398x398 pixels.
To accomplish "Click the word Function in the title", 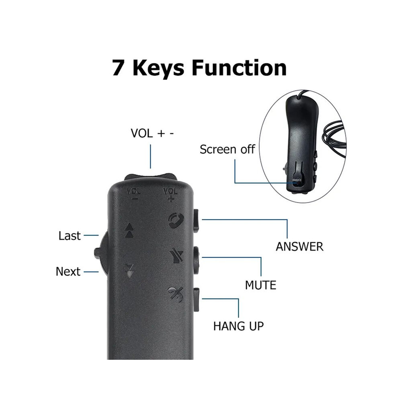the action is (x=239, y=68).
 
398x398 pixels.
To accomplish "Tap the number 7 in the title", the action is (x=118, y=68).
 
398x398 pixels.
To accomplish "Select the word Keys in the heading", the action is (x=158, y=69).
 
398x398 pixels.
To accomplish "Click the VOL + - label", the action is (x=152, y=133).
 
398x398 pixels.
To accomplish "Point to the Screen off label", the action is (x=227, y=149).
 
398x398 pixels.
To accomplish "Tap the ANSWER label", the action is (x=300, y=247).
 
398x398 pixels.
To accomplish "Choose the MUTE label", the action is (x=261, y=285).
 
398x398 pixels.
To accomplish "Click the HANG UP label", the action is (x=238, y=326).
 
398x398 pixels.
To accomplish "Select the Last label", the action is (x=70, y=236).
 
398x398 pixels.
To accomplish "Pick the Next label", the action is (x=68, y=272).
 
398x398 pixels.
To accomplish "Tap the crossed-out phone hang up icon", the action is (x=175, y=294).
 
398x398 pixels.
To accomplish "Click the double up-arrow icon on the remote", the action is (x=129, y=230).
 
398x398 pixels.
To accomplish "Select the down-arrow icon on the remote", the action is (x=129, y=271).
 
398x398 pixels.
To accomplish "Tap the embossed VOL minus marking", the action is (x=134, y=194).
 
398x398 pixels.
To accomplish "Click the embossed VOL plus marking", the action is (x=170, y=195).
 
